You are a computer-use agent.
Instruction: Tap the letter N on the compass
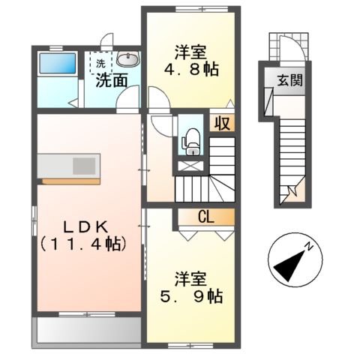[307, 246]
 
